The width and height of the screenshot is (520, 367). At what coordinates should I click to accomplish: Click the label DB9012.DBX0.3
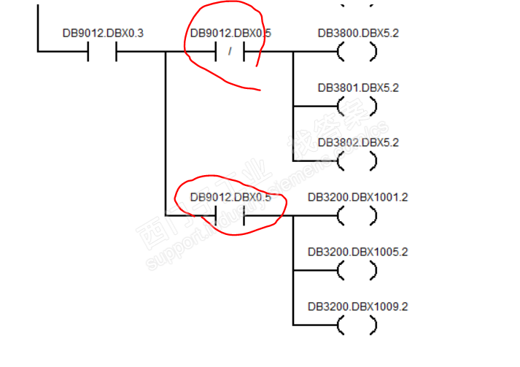[102, 34]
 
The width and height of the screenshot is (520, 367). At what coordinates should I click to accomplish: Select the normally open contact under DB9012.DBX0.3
[102, 52]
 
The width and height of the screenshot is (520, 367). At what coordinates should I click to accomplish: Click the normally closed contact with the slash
[230, 52]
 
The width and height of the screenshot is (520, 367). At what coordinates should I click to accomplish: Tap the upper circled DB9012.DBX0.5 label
[230, 34]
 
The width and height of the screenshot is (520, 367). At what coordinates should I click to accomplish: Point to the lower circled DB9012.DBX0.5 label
[230, 197]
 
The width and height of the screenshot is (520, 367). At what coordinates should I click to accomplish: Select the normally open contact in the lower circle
[230, 215]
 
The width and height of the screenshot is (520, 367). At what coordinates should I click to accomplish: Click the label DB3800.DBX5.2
[358, 34]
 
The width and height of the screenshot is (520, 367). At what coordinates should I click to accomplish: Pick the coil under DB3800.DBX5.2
[357, 52]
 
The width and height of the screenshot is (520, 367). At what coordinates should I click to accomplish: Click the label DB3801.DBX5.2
[358, 88]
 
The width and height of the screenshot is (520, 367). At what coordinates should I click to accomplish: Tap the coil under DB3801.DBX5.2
[357, 107]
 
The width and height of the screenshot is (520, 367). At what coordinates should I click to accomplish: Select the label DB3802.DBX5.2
[358, 142]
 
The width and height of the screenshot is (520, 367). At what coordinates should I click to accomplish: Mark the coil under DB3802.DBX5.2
[357, 161]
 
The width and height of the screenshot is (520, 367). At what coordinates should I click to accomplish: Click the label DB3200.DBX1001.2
[357, 197]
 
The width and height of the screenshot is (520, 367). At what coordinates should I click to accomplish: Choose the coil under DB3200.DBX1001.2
[357, 215]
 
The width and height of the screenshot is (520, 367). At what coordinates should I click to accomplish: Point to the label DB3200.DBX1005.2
[357, 252]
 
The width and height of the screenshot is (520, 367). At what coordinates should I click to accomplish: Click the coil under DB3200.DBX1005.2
[357, 270]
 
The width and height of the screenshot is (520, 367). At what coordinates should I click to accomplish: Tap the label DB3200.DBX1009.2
[357, 306]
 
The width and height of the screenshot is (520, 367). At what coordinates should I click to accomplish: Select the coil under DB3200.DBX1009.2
[357, 325]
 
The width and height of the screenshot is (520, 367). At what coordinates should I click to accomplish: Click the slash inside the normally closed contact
[230, 52]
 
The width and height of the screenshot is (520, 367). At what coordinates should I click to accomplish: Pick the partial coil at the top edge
[357, 3]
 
